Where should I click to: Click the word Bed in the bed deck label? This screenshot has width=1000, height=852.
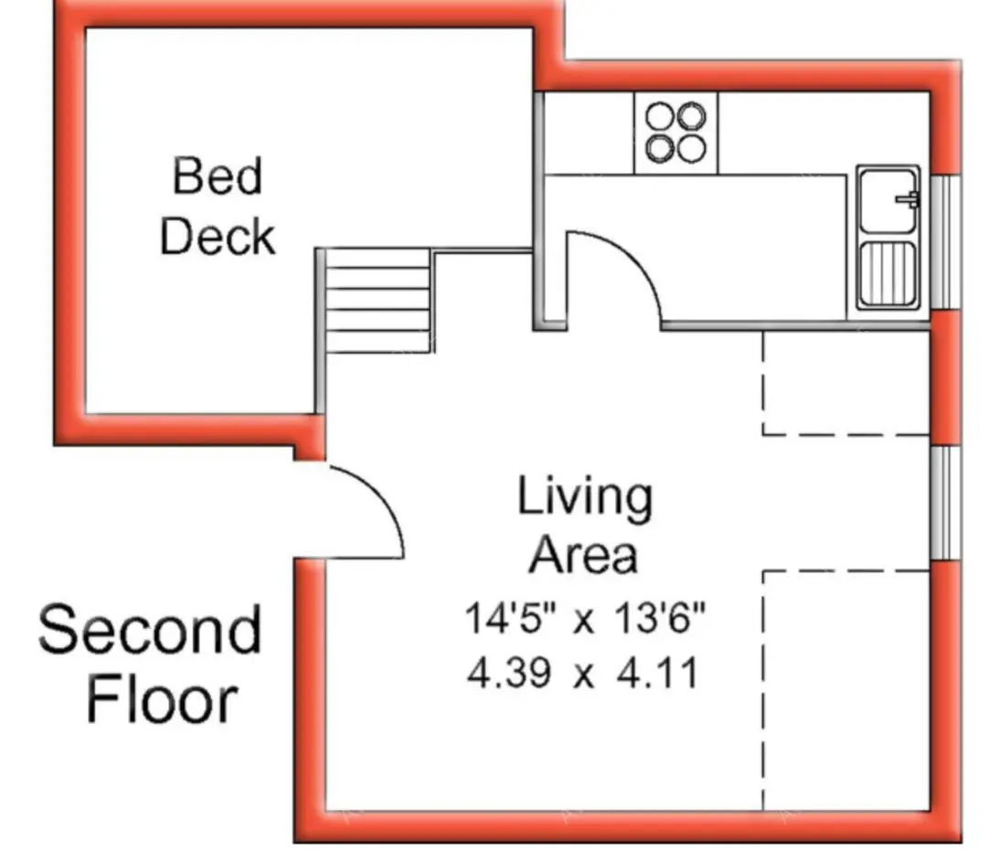(218, 176)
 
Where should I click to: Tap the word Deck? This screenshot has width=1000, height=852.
(218, 236)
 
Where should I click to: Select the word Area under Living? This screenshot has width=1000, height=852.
(583, 554)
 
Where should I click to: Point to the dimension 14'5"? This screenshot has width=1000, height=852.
(511, 618)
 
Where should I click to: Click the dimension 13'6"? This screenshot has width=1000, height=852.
(660, 618)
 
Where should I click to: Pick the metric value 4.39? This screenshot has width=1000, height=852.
(509, 673)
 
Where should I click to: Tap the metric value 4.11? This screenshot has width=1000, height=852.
(657, 673)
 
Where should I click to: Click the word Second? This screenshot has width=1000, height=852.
(150, 630)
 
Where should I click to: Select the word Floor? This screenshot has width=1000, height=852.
(162, 700)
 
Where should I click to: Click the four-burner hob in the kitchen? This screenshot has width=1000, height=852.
(676, 133)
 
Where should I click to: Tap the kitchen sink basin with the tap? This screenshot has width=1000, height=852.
(888, 201)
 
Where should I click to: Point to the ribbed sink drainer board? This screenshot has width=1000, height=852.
(888, 273)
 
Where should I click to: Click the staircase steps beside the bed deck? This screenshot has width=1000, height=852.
(378, 300)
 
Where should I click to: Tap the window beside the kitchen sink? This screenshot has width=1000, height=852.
(945, 242)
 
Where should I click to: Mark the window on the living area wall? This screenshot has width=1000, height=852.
(945, 503)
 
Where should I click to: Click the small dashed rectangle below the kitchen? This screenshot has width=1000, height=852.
(846, 383)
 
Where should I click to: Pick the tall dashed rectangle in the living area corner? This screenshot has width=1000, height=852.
(846, 691)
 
